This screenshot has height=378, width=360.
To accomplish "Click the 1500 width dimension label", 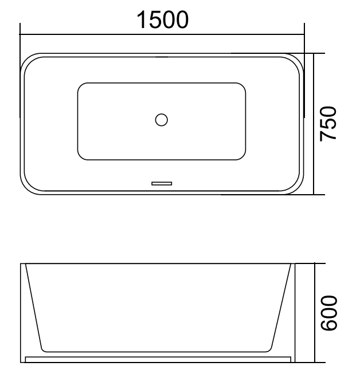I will pyautogui.click(x=162, y=21).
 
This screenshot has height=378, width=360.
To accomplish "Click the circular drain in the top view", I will pyautogui.click(x=162, y=120).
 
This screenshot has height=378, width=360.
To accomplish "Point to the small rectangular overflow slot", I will pyautogui.click(x=162, y=183).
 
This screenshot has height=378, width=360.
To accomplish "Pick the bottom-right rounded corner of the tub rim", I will pyautogui.click(x=296, y=188).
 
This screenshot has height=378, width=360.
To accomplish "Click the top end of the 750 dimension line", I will pyautogui.click(x=315, y=54).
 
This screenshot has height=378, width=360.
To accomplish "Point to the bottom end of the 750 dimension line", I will pyautogui.click(x=315, y=194).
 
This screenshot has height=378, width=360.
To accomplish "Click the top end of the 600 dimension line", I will pyautogui.click(x=315, y=264).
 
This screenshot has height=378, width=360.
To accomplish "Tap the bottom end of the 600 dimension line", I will pyautogui.click(x=315, y=363).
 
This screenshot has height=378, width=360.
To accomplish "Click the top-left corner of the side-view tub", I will pyautogui.click(x=21, y=264).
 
